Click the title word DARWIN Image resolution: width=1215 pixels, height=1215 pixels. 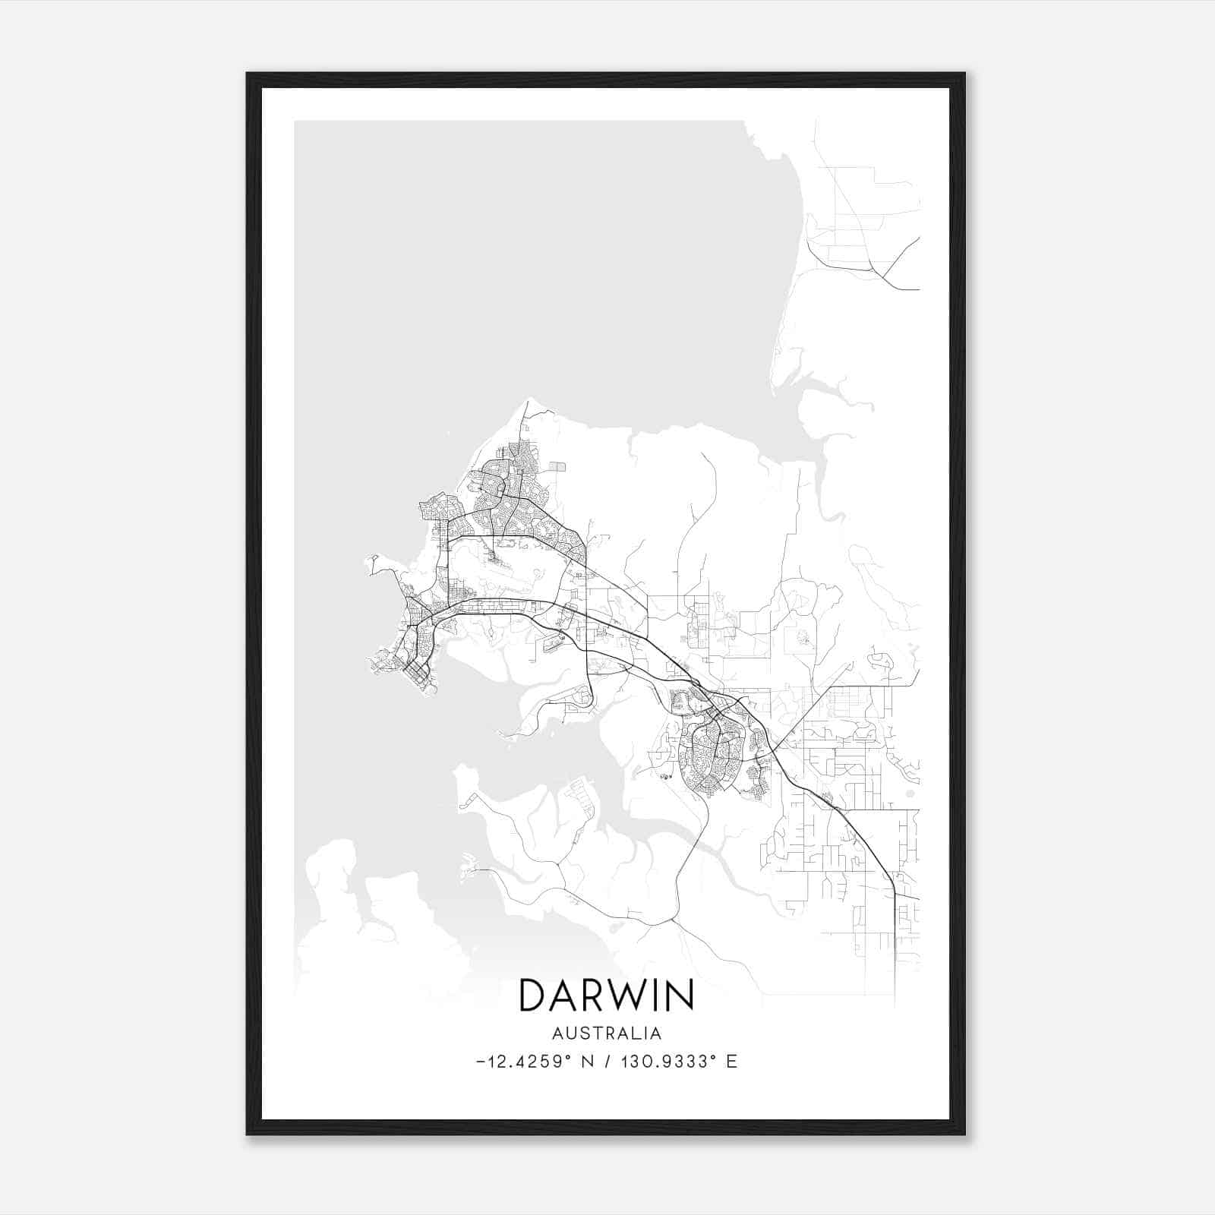(606, 995)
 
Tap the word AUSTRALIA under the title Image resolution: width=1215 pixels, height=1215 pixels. (606, 1034)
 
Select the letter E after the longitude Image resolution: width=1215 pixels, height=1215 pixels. (731, 1062)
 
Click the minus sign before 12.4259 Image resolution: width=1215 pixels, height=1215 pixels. (481, 1062)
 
